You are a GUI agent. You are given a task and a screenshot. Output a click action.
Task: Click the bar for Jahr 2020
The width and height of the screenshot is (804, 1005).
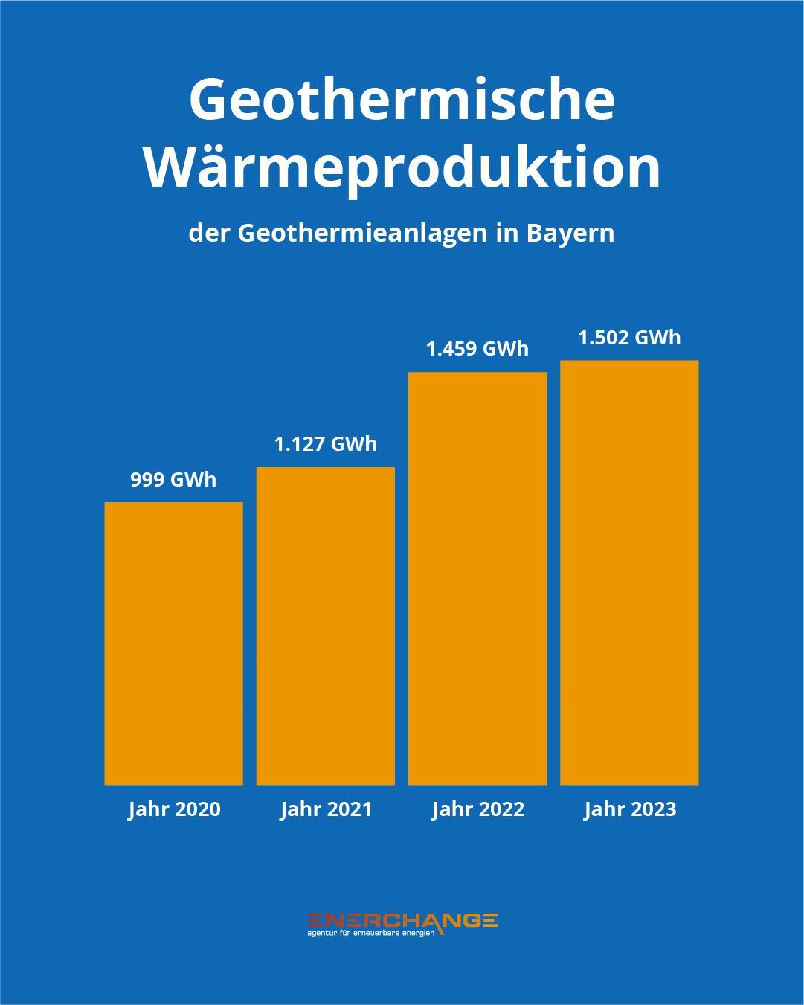(173, 643)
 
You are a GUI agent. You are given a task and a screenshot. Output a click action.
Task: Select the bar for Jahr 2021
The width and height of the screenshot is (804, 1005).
(326, 626)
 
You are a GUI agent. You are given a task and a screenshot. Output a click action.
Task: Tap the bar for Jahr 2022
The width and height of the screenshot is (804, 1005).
(477, 578)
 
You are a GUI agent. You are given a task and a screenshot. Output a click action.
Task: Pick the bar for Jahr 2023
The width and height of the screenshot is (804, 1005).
(629, 572)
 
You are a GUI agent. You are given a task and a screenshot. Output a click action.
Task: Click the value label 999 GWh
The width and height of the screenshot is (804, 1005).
(173, 480)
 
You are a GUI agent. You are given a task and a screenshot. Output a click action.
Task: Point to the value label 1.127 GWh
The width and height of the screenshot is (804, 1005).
(326, 444)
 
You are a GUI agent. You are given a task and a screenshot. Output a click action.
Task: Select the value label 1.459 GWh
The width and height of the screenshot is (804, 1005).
(477, 349)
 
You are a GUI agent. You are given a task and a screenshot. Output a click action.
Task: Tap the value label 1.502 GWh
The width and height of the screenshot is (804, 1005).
(629, 338)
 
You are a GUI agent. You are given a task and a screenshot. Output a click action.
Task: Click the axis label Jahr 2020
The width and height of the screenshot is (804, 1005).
(174, 809)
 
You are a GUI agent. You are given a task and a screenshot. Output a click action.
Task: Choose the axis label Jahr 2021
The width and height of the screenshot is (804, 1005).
(326, 809)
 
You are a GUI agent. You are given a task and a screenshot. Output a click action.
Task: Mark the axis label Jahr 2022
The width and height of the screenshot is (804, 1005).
(478, 809)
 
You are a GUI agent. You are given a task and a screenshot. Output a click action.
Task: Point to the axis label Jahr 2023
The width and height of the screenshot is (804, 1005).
(630, 809)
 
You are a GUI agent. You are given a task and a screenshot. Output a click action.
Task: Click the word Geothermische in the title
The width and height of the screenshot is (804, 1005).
(402, 100)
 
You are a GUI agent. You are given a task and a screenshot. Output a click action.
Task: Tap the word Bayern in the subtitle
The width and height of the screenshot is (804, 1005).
(570, 234)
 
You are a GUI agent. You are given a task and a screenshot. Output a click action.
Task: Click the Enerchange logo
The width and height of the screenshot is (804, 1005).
(402, 919)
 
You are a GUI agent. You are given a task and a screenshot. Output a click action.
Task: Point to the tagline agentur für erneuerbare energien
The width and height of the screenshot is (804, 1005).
(370, 933)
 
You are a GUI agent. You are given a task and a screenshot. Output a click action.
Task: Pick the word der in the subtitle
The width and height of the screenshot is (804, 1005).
(209, 234)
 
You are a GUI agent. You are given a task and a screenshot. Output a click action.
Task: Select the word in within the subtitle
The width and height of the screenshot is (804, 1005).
(507, 234)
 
